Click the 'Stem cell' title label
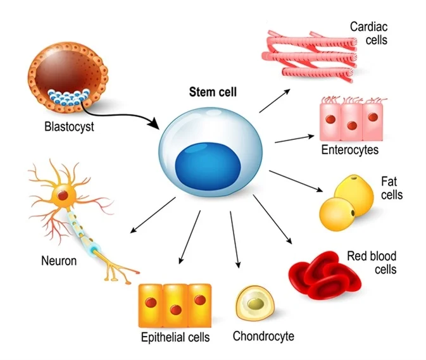click(x=213, y=92)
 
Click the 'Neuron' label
click(x=59, y=260)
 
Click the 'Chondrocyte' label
click(x=263, y=335)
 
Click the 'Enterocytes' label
click(x=349, y=150)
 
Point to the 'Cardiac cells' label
click(x=368, y=34)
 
